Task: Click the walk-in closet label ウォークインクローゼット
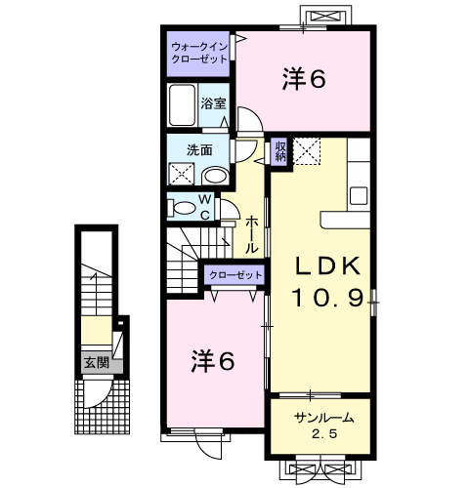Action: pos(199,53)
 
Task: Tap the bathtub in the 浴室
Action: pos(183,104)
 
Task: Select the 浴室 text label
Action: pos(213,103)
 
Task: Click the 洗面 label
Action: pos(199,150)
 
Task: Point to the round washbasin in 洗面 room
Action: pos(215,177)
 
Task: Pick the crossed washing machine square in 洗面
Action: pos(182,174)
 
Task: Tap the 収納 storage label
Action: pos(280,150)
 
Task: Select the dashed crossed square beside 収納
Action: pos(307,151)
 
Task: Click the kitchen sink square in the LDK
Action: pos(359,196)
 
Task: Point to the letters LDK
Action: pos(327,266)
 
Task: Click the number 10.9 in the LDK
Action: pos(327,299)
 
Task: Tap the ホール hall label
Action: pos(251,235)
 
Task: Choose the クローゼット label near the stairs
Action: pos(235,275)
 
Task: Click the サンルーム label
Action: pos(323,418)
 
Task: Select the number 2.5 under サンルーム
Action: pos(324,433)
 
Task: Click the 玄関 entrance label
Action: pos(97,362)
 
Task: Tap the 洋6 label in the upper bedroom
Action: pos(304,79)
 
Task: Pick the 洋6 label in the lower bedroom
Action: pos(213,361)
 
